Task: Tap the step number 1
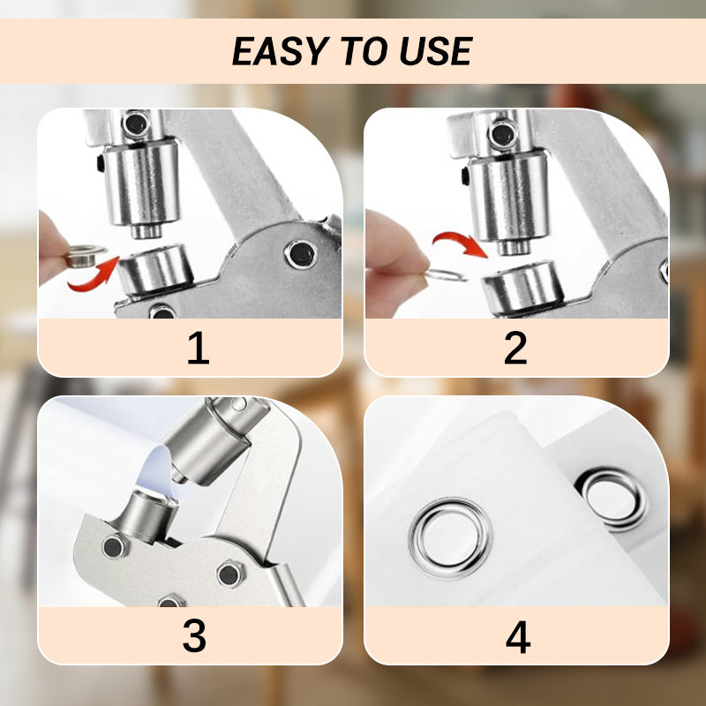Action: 198,349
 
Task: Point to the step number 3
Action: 194,636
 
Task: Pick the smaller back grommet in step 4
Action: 610,499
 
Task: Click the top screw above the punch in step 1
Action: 134,123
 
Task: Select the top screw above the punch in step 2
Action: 501,135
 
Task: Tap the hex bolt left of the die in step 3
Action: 113,547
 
